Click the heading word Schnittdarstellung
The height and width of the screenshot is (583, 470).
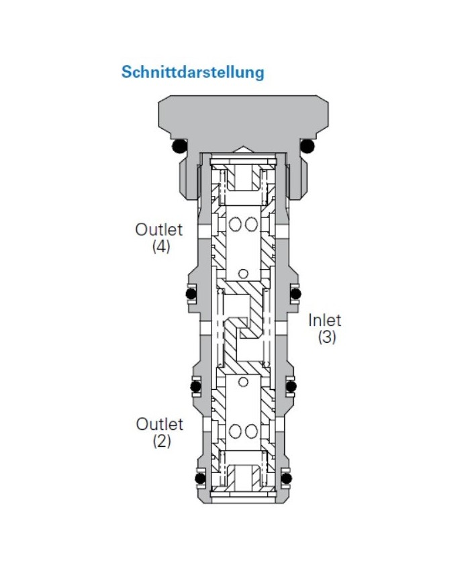193,72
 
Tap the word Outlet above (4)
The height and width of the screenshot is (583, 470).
159,229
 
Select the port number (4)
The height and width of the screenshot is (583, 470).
160,246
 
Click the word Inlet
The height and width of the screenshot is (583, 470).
325,320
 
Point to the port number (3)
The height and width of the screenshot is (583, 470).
327,337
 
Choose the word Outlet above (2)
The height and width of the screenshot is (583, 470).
160,424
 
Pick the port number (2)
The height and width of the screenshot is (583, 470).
161,441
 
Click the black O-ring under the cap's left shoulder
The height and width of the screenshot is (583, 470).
179,146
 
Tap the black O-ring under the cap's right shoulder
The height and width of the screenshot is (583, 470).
308,146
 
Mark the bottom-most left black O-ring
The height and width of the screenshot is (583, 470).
199,478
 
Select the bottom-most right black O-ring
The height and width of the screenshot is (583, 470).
287,478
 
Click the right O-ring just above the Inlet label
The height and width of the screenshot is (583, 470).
295,293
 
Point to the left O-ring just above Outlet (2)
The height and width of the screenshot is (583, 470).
195,386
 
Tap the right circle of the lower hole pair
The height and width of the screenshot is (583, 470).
250,429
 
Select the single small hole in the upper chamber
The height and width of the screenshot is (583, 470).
243,273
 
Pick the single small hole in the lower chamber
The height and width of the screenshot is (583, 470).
243,382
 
